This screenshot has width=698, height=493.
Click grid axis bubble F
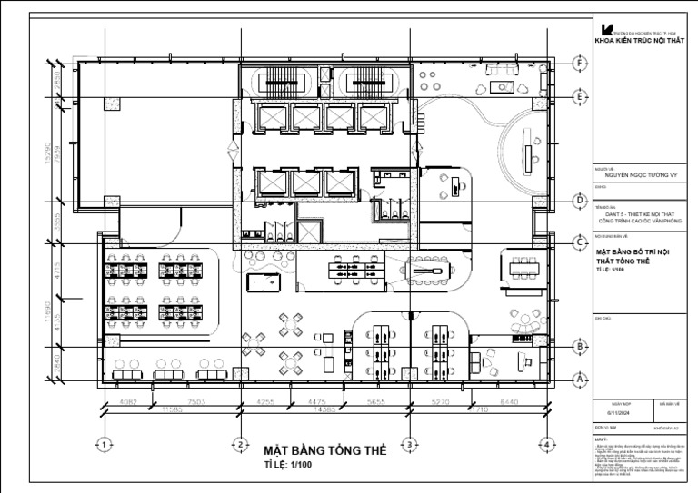click(x=579, y=64)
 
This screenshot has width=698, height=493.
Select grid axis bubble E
click(x=579, y=95)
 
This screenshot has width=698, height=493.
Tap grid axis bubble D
click(x=579, y=201)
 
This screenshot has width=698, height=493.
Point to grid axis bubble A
click(x=579, y=379)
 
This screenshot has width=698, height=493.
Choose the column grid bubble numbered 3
click(x=410, y=444)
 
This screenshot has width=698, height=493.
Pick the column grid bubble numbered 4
click(x=546, y=444)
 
